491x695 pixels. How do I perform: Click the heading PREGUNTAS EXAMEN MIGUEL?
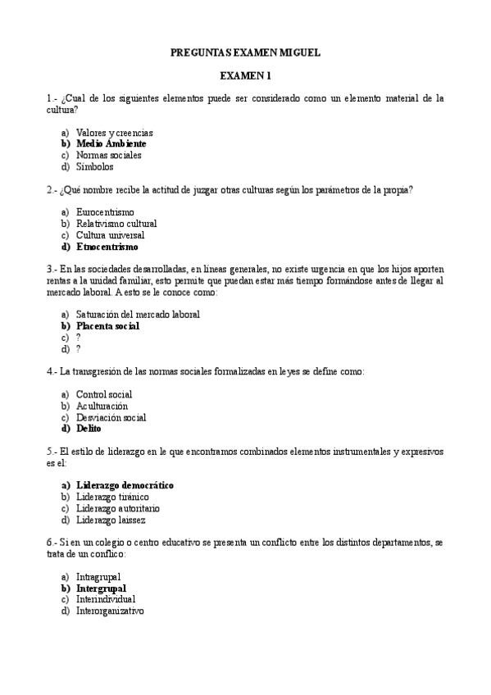click(245, 52)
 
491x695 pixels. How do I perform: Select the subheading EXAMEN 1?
click(245, 76)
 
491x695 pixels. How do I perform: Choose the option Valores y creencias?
click(114, 132)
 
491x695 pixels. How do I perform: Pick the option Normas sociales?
click(108, 155)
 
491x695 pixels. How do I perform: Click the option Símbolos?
click(94, 166)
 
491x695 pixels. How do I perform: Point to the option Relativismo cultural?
click(116, 223)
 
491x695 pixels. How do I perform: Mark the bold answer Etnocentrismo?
click(107, 246)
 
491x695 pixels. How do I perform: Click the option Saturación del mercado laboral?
click(138, 314)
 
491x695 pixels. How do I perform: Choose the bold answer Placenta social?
click(107, 325)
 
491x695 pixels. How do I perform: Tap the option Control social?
click(103, 394)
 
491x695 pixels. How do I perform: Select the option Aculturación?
click(102, 406)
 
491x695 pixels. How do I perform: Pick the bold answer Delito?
click(89, 428)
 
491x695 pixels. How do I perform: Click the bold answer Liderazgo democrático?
click(125, 485)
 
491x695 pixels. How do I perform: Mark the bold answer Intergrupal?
click(101, 588)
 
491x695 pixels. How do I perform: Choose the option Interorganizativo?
click(110, 611)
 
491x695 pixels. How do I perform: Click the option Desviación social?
click(111, 417)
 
